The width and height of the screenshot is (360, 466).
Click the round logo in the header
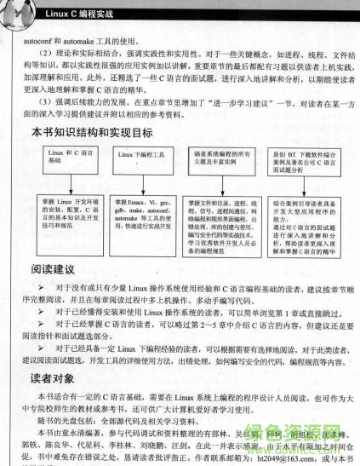coord(21,9)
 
